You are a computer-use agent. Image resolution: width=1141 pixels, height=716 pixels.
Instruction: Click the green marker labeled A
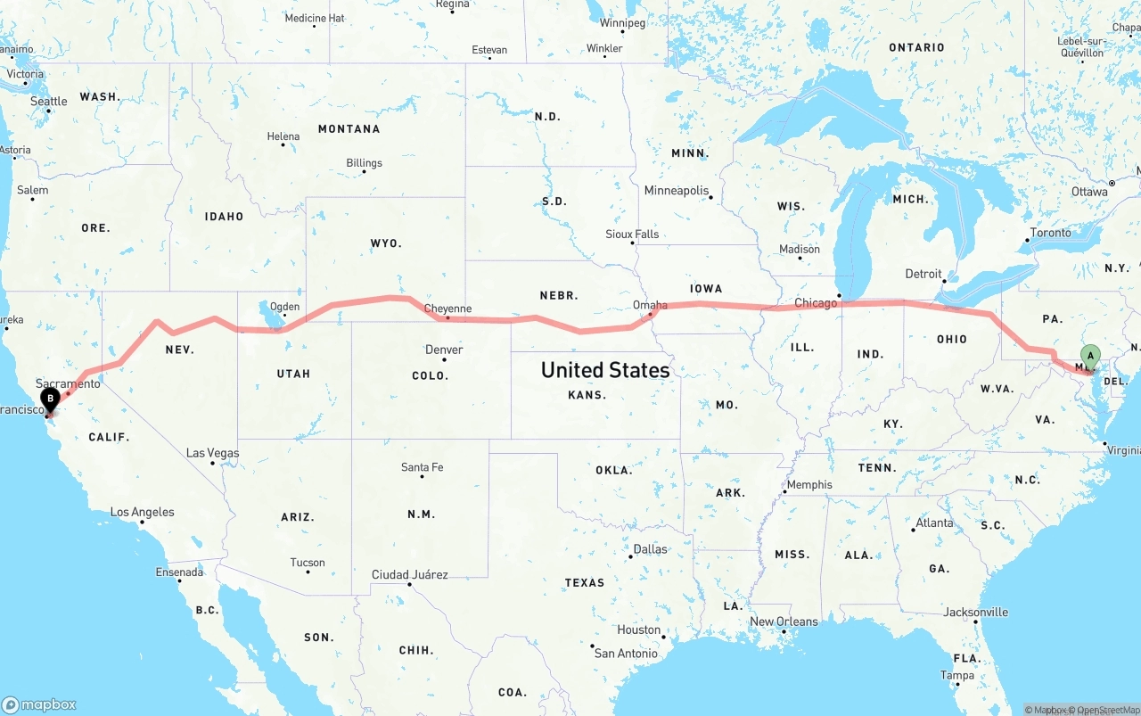[x=1089, y=358]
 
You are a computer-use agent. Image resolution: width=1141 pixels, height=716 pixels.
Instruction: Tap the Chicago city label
[x=816, y=303]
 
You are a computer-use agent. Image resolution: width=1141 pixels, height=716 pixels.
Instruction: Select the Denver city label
[x=444, y=350]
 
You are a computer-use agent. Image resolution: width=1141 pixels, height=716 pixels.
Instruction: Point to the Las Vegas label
[x=212, y=453]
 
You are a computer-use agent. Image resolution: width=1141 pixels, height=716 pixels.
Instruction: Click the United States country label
[x=605, y=370]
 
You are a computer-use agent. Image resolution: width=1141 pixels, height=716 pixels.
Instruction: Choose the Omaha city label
[x=650, y=305]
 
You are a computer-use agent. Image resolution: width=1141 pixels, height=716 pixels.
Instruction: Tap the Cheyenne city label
[x=447, y=309]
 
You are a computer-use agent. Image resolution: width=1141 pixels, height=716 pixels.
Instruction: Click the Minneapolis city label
[x=676, y=191]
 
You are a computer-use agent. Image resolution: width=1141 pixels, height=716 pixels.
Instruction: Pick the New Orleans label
[x=784, y=621]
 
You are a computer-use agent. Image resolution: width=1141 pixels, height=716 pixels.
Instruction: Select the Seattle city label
[x=49, y=102]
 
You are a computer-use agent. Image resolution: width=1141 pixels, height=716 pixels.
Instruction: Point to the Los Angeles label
[x=142, y=512]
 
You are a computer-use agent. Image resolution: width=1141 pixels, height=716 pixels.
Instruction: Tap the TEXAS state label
[x=585, y=582]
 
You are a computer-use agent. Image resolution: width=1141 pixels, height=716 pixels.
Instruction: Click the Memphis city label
[x=809, y=485]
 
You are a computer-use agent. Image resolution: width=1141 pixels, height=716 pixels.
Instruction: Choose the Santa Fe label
[x=422, y=467]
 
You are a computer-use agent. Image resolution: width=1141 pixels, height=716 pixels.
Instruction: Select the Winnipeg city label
[x=622, y=23]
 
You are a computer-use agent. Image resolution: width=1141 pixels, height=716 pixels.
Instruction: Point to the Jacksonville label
[x=976, y=612]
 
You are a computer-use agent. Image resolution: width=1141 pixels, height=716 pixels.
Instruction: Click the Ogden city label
[x=285, y=307]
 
